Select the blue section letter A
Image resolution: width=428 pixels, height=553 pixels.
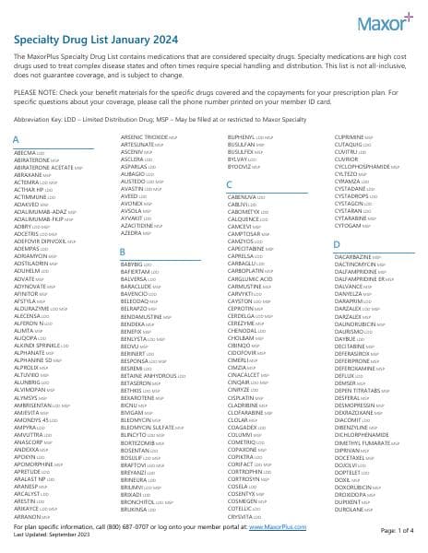click(16, 139)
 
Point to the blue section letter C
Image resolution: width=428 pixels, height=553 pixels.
click(229, 185)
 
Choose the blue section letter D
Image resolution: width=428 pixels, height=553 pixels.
click(337, 244)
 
